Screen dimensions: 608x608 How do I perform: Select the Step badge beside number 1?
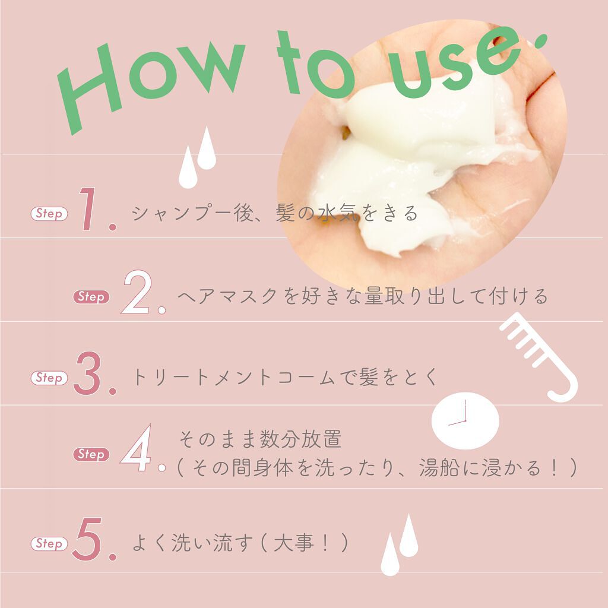point(49,214)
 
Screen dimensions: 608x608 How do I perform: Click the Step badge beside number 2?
point(91,297)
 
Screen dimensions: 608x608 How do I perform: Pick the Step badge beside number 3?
point(49,378)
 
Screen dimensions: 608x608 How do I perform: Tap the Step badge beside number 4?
point(91,454)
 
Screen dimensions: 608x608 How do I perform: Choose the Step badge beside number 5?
point(49,543)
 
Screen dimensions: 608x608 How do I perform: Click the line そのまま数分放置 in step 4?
point(260,441)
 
